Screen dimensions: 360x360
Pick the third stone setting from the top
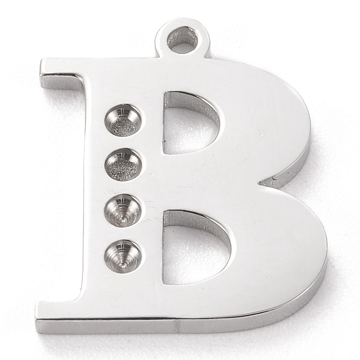(x=123, y=211)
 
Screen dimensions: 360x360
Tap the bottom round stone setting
(x=123, y=257)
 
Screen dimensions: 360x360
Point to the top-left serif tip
(x=42, y=60)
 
